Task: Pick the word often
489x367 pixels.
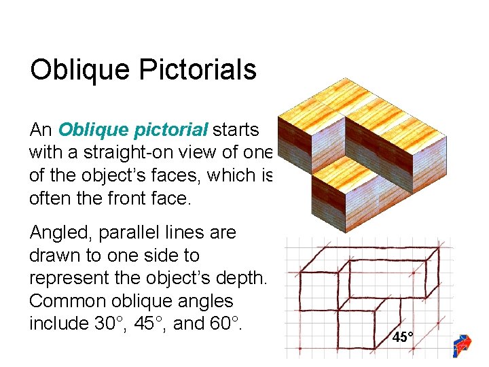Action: (48, 198)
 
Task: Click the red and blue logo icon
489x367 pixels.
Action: (463, 345)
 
